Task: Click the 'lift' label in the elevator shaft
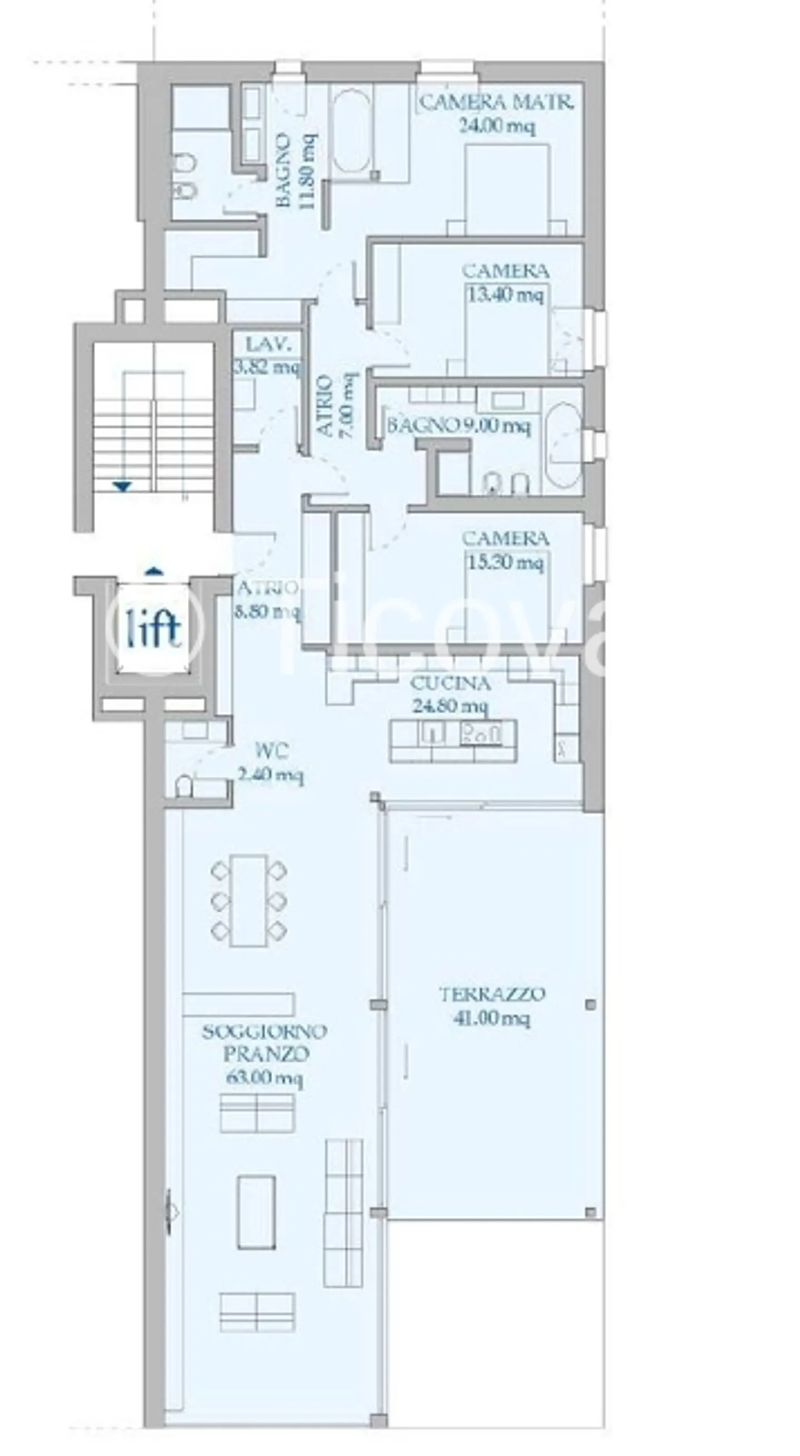click(x=153, y=628)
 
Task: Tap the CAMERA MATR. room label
click(x=497, y=103)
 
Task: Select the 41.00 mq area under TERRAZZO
click(x=491, y=1035)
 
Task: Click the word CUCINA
click(x=450, y=684)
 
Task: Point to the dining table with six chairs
click(x=249, y=900)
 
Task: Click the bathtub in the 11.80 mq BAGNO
click(x=351, y=133)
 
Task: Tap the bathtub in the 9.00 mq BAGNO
click(x=563, y=444)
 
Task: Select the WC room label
click(x=272, y=751)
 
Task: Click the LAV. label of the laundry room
click(x=268, y=344)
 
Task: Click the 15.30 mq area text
click(x=506, y=562)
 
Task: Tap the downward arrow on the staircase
click(x=122, y=486)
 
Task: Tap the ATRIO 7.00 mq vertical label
click(x=337, y=405)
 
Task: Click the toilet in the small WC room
click(x=184, y=787)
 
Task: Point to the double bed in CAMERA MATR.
click(x=507, y=189)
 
